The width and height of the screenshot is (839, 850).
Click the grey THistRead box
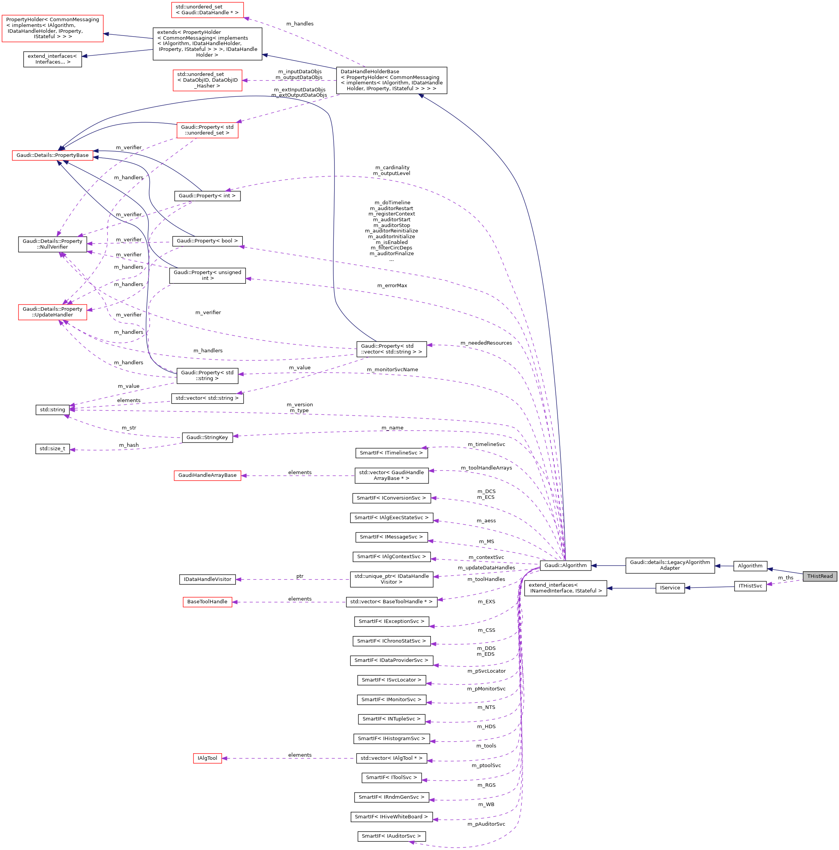point(819,576)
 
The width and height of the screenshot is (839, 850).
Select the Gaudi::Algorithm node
point(565,566)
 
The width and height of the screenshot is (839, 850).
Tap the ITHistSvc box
point(750,586)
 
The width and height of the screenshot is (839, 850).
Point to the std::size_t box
point(52,449)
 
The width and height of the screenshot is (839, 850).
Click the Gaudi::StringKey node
point(207,437)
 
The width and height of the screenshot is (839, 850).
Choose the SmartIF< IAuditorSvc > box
point(391,836)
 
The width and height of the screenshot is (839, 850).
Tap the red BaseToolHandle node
point(207,601)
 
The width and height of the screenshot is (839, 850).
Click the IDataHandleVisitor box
point(207,579)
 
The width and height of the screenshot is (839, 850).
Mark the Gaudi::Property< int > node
point(207,196)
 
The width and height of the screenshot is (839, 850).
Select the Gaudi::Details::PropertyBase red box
point(52,155)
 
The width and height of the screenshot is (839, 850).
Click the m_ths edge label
point(785,578)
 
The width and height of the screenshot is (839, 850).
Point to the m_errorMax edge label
point(392,286)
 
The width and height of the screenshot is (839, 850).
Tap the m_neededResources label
point(486,343)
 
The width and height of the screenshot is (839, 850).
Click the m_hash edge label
point(128,445)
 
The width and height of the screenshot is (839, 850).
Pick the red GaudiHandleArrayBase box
point(207,475)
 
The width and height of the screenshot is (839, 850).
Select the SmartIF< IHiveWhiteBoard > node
point(391,816)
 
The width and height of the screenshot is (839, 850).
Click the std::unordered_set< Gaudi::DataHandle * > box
point(207,10)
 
